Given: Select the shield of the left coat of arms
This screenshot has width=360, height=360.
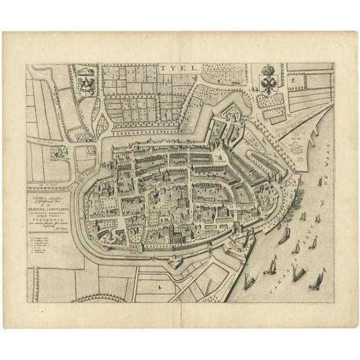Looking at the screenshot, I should click(x=88, y=84).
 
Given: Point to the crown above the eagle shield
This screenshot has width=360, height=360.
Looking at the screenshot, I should click(x=266, y=71).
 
